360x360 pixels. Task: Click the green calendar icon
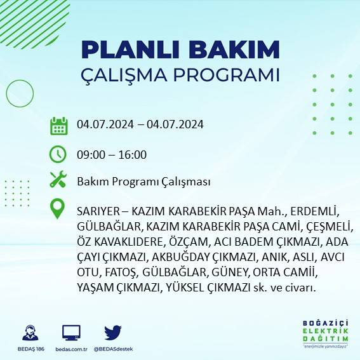[58, 125]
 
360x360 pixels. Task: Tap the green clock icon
[58, 153]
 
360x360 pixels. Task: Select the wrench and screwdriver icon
[58, 180]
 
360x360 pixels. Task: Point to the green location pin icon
[58, 209]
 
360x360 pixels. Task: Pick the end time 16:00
[133, 154]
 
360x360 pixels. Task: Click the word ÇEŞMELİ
[328, 226]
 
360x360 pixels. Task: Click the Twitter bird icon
[113, 333]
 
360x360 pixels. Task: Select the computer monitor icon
[71, 333]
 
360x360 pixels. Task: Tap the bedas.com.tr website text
[71, 349]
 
